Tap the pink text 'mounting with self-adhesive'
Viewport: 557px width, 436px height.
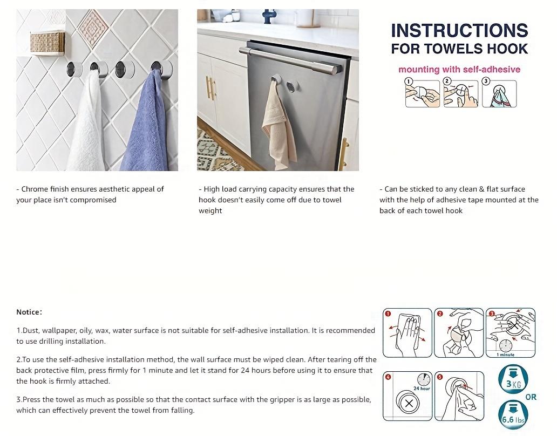point(459,69)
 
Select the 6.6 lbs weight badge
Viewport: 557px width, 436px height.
point(512,415)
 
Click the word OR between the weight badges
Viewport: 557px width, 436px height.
point(531,397)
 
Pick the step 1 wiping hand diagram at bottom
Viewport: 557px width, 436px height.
point(407,333)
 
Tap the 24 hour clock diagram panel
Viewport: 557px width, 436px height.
point(407,397)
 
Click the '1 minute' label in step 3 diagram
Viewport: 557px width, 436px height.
point(505,355)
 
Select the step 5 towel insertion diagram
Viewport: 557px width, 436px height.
point(459,397)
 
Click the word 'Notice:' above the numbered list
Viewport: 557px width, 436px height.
point(29,312)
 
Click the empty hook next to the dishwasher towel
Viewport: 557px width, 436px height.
point(292,86)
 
